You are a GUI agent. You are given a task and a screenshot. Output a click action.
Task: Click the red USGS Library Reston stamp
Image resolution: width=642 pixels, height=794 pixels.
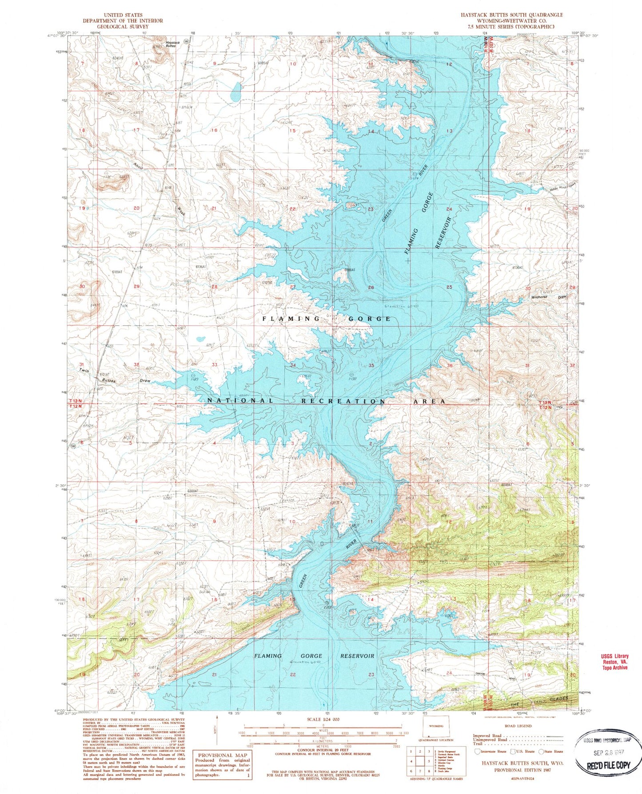tap(615, 662)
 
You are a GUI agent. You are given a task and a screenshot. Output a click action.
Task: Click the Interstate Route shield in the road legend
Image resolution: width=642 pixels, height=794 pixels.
tap(477, 751)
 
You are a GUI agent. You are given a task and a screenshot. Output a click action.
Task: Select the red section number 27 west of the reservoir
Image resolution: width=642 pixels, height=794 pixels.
tap(292, 287)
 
